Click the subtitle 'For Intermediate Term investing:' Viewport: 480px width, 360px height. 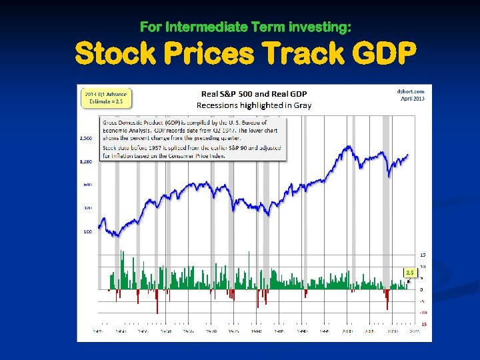(x=246, y=27)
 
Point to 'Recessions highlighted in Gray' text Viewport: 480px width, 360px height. (x=254, y=105)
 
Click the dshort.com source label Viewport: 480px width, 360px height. (x=411, y=91)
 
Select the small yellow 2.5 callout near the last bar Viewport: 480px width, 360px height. (x=411, y=272)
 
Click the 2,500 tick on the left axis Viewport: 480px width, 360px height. (x=87, y=139)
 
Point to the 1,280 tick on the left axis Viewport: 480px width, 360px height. (x=87, y=161)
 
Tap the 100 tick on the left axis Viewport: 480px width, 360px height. (x=88, y=232)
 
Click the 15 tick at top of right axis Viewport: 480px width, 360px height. (x=423, y=255)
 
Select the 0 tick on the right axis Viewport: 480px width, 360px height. (x=421, y=289)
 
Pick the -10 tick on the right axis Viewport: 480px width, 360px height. (x=423, y=312)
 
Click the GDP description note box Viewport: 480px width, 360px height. (x=193, y=139)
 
